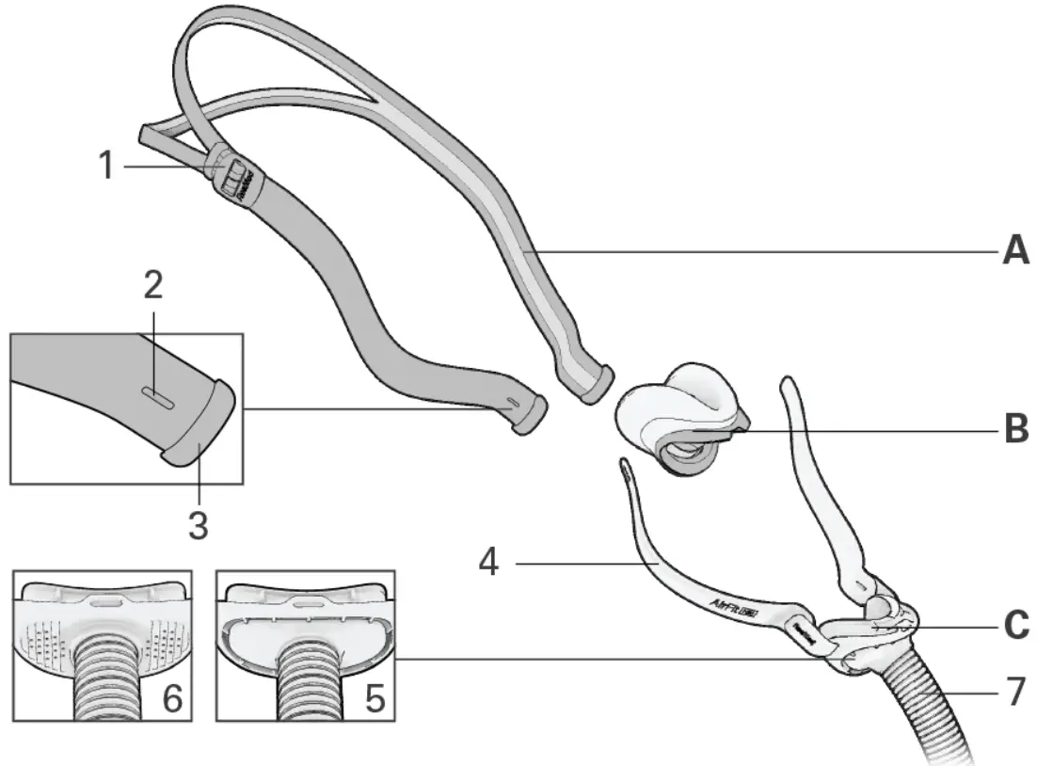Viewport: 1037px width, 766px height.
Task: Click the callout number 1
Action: click(x=106, y=167)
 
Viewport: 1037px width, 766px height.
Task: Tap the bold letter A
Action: click(x=1014, y=251)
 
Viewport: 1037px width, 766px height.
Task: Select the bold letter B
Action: click(x=1014, y=430)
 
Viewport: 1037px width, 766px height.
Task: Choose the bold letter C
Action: click(x=1014, y=624)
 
